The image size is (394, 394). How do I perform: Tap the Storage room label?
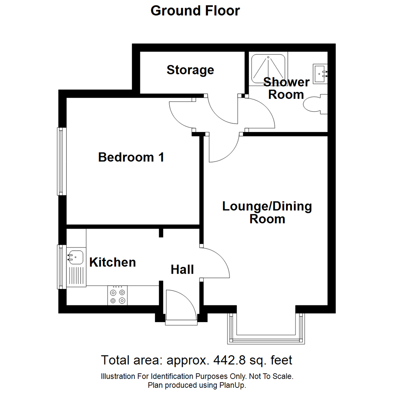point(190,70)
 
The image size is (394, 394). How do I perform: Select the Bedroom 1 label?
point(131,157)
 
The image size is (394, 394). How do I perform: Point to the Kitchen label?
point(113,262)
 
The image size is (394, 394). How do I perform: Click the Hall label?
point(182,270)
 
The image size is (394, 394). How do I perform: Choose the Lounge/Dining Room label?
point(267,213)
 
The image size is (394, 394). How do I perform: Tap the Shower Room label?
point(286,88)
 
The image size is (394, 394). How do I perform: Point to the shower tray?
point(269,69)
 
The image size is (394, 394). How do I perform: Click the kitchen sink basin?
point(75,257)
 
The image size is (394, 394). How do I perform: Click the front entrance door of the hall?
point(181,306)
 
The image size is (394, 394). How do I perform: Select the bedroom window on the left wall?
point(61,161)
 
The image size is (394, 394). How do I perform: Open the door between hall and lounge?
point(215,263)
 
